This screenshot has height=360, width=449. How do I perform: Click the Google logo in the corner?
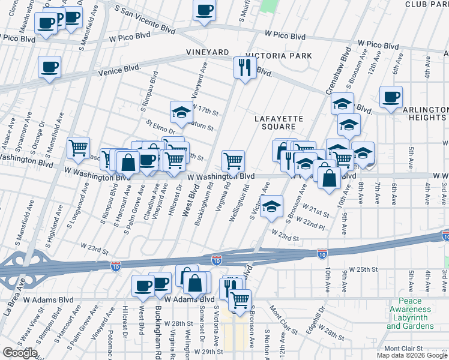click(20, 353)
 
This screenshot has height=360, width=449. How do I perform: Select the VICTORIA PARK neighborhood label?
click(283, 56)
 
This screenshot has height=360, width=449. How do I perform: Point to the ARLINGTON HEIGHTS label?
click(417, 113)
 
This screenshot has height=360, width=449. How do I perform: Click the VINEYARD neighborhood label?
click(208, 53)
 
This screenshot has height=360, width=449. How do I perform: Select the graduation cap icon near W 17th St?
click(181, 111)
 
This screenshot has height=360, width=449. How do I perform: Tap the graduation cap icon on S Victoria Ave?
click(272, 206)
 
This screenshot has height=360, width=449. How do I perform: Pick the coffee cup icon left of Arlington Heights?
click(391, 97)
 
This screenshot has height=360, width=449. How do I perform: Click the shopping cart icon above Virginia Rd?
click(233, 160)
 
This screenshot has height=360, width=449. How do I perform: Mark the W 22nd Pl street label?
click(312, 226)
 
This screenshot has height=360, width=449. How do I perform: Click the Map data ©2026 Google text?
click(412, 355)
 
